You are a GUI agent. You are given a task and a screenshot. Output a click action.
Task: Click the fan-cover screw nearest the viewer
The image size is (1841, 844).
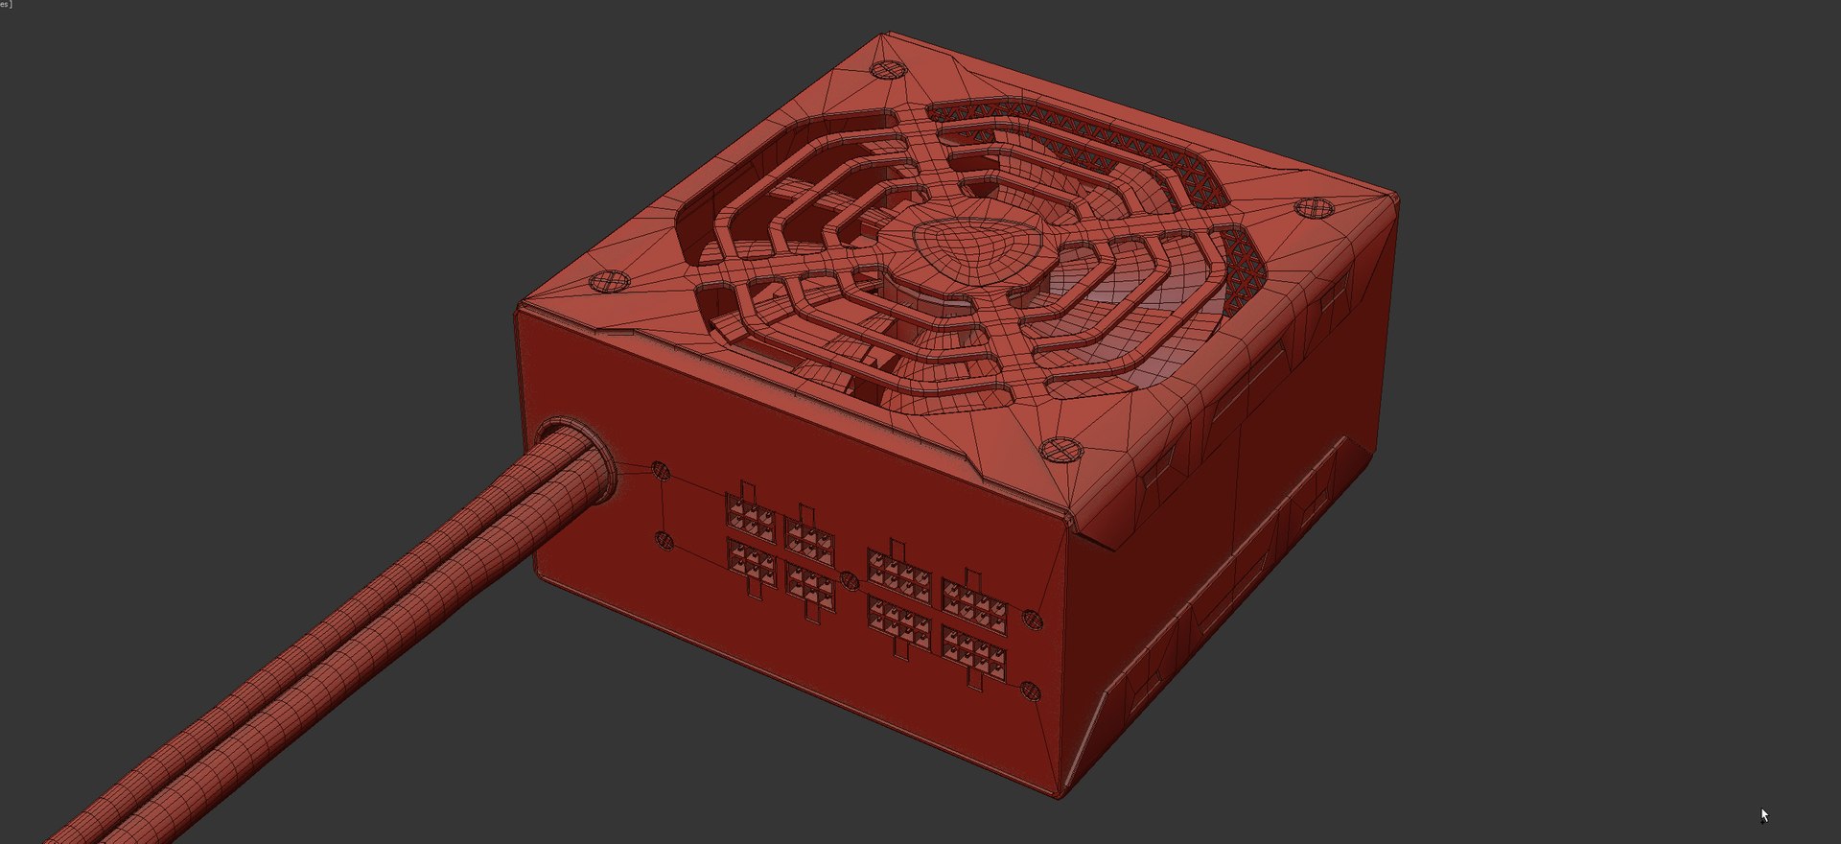coord(1060,449)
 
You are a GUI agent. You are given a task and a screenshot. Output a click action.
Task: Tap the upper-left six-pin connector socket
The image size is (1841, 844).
coord(750,518)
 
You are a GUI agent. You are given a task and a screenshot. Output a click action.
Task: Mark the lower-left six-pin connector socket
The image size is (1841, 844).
coord(751,566)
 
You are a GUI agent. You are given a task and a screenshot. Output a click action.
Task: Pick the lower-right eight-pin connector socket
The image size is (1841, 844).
coord(974,656)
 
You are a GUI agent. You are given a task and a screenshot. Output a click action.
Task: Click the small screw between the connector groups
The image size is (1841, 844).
coord(849,580)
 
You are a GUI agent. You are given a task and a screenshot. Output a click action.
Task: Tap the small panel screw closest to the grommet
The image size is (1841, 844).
coord(661,470)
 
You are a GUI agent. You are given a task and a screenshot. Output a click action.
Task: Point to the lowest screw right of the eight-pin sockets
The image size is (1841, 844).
coord(1031,690)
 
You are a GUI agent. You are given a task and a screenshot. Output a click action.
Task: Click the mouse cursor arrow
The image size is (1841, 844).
coord(1763,815)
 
